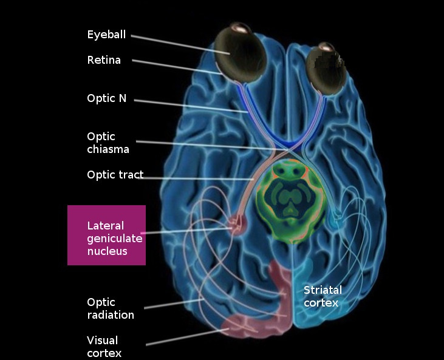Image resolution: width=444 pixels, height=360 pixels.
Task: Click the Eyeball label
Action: pos(106,35)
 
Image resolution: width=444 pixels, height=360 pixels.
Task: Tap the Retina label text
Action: pos(104,60)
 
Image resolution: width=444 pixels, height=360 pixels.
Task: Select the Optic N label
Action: pos(107,98)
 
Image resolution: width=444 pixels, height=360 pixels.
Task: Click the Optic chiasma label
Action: pos(108,143)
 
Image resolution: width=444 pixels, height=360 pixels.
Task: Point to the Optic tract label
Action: pos(115,175)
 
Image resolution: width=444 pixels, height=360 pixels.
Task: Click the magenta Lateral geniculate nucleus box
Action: pos(106,235)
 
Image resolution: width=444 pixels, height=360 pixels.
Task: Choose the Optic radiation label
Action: pos(110,308)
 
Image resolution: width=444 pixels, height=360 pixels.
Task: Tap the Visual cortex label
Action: pos(103,347)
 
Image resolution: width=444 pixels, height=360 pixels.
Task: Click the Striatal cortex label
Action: pos(323,296)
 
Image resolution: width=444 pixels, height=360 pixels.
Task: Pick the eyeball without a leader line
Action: pos(326,70)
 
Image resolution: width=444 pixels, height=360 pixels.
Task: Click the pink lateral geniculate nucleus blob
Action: pos(236,227)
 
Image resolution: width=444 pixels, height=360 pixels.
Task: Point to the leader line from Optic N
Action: pos(188,106)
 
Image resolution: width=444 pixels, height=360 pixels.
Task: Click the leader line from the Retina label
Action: pos(176,67)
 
